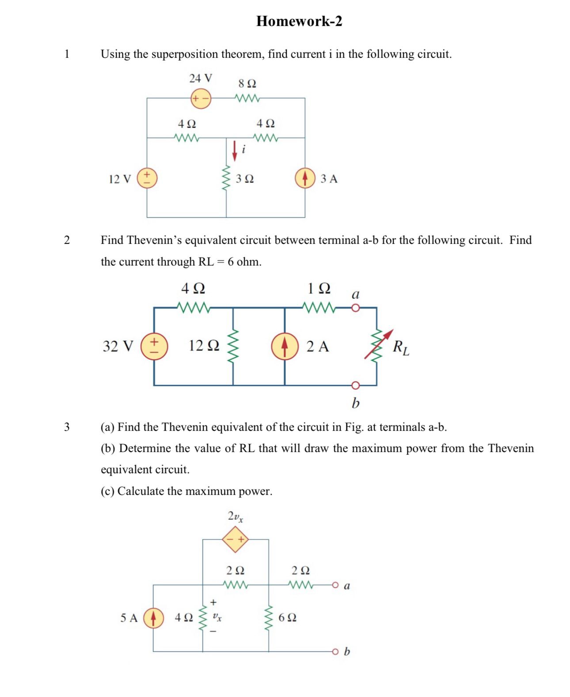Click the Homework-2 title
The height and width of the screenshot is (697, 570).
pos(299,21)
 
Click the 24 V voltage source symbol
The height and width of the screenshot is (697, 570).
pos(201,98)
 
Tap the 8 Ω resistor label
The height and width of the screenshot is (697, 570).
pos(247,83)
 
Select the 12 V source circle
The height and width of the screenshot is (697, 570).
pos(147,178)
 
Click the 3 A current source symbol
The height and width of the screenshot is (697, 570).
pos(305,178)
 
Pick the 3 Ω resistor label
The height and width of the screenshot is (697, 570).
pos(245,179)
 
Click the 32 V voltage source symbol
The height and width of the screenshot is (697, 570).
pos(154,346)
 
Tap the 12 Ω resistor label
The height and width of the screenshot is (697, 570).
pos(204,346)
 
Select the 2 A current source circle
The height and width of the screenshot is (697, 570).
pos(285,346)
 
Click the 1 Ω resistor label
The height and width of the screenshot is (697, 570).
pos(319,289)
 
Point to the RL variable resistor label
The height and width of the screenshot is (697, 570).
pos(401,347)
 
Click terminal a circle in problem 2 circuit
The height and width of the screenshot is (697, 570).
pos(355,308)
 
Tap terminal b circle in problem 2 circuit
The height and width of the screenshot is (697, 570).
pos(355,385)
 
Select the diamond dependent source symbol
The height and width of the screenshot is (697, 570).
pos(236,539)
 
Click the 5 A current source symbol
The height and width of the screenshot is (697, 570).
pos(153,617)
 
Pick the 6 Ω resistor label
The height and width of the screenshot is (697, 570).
pos(287,617)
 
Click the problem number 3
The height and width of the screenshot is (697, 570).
pos(67,427)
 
